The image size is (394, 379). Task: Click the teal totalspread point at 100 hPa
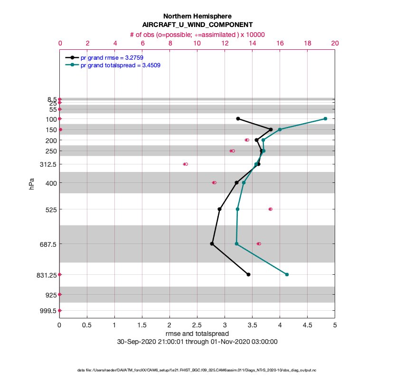coord(325,118)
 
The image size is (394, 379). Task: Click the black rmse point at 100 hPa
coord(238,118)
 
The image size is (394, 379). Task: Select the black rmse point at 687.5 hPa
coord(212,244)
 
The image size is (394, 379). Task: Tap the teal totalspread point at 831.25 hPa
coord(287,274)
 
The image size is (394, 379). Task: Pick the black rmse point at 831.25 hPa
coord(248,274)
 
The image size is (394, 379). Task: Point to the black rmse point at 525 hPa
coord(219,209)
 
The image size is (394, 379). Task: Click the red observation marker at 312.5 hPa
coord(185,164)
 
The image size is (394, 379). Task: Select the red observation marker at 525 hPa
coord(270,209)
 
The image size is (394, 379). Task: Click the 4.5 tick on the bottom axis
coord(307,325)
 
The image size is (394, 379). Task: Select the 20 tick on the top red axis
coord(335,43)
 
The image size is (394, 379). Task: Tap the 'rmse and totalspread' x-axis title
coord(197,334)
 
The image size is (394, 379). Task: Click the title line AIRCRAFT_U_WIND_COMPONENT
coord(197,25)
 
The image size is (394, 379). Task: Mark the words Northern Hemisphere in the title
coord(197,16)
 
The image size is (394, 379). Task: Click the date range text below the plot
coord(197,342)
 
